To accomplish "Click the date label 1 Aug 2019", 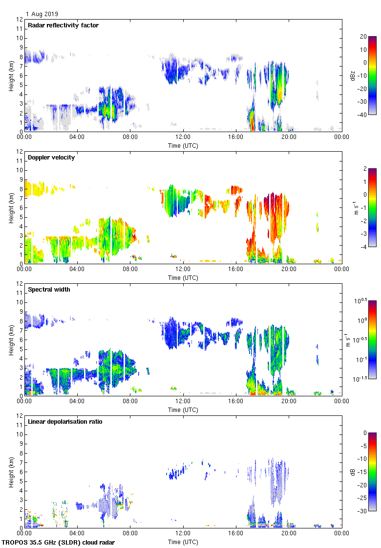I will (42, 14).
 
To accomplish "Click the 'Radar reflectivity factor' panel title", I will (63, 25).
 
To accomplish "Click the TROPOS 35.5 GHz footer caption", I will (59, 542).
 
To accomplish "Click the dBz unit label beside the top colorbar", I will (361, 75).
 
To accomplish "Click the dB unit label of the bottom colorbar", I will (361, 472).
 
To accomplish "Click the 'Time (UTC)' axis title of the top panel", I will (183, 145).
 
